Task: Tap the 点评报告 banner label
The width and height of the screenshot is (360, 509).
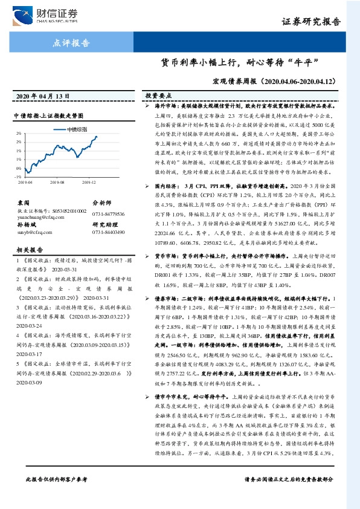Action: point(72,43)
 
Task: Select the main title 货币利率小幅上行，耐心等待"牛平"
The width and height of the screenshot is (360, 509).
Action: point(239,62)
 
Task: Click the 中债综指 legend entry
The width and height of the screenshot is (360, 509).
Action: point(76,129)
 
